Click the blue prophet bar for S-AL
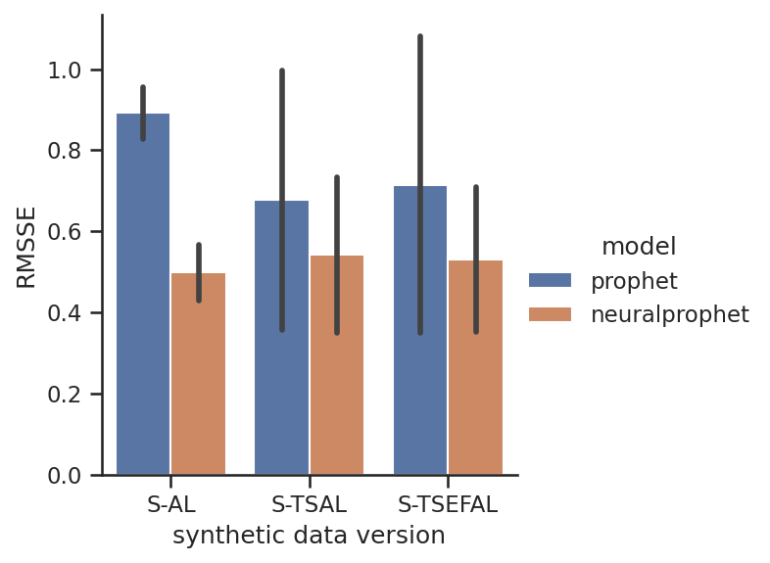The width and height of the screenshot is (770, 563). pyautogui.click(x=143, y=294)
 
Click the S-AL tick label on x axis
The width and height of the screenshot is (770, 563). pyautogui.click(x=170, y=505)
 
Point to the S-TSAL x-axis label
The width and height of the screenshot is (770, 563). pyautogui.click(x=309, y=505)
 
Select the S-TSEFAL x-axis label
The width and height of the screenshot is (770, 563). pyautogui.click(x=448, y=505)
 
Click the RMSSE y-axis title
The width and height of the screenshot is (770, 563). pyautogui.click(x=26, y=247)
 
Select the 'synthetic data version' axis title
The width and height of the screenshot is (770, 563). pyautogui.click(x=309, y=536)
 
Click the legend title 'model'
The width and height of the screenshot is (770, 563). pyautogui.click(x=639, y=247)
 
